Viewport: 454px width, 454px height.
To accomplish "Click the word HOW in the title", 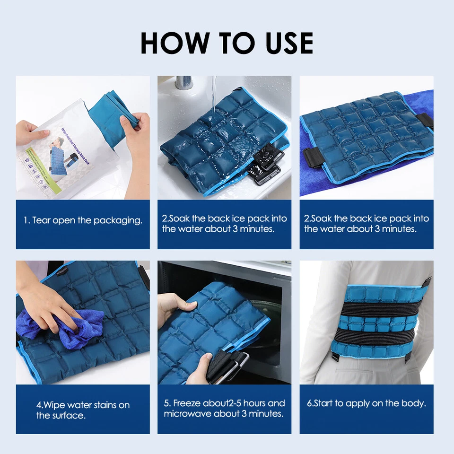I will (x=175, y=43).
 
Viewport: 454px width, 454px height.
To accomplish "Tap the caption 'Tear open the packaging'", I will (x=83, y=220).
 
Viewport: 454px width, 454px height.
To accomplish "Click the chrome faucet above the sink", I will (x=183, y=82).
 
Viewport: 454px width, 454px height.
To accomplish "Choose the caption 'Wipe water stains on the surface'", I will (x=83, y=410).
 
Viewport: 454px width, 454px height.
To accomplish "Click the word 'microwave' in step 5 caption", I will (x=185, y=414).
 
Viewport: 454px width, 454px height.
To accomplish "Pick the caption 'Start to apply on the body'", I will (x=367, y=403).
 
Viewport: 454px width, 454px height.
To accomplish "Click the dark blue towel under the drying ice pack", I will (x=331, y=187).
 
